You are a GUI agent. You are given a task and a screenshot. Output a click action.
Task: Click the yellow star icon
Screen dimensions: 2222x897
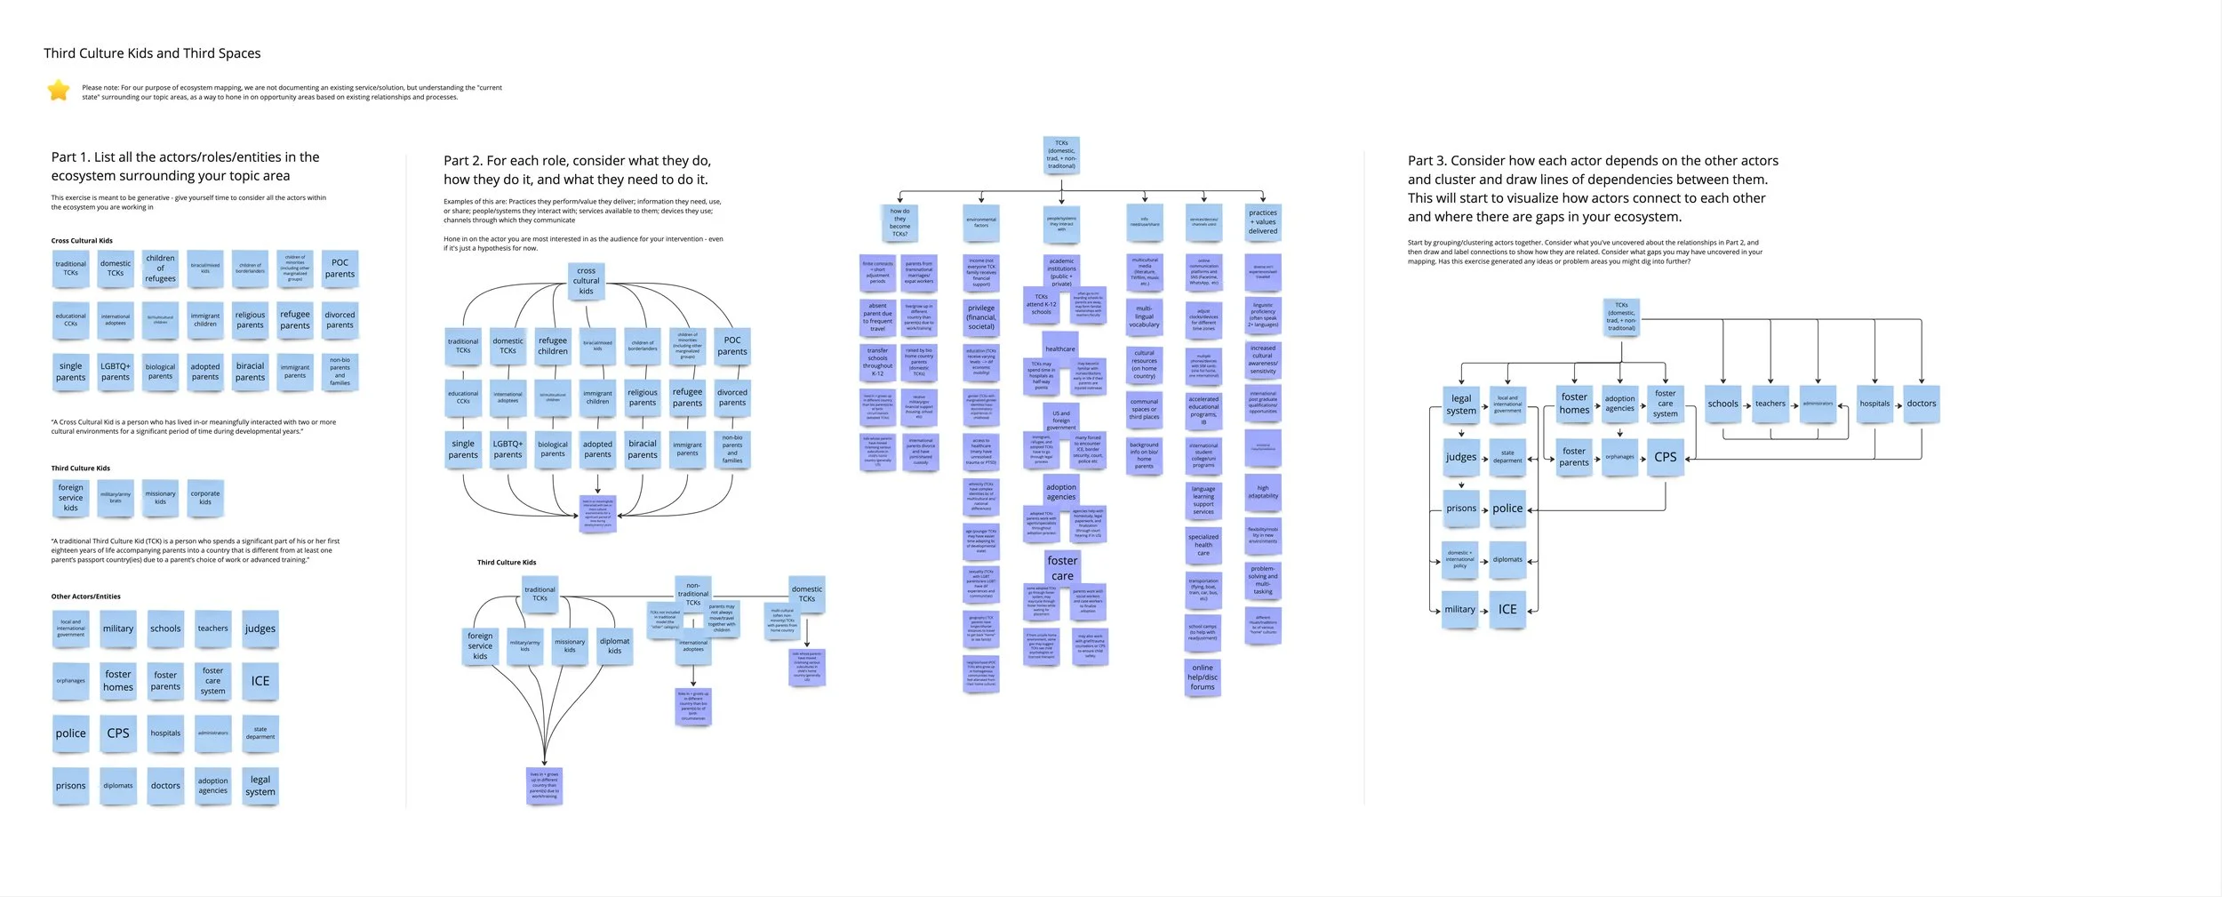tap(59, 90)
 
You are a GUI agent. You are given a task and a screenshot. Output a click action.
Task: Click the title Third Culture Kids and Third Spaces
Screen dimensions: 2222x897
tap(152, 53)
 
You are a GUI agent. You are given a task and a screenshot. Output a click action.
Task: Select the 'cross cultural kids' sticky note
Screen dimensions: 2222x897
tap(586, 281)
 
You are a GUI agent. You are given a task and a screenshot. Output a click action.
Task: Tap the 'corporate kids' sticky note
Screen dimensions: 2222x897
tap(205, 498)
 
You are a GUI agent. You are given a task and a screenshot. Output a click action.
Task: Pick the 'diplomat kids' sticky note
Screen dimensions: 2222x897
tap(614, 646)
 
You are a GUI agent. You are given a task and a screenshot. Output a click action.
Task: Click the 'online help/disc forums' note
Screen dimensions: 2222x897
tap(1203, 677)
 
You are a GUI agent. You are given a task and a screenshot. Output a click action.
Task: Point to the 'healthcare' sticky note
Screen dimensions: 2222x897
tap(1060, 349)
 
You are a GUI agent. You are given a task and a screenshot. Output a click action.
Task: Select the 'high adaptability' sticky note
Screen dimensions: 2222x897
tap(1263, 493)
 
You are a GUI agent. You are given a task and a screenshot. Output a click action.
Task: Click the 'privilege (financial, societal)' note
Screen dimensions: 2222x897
tap(981, 317)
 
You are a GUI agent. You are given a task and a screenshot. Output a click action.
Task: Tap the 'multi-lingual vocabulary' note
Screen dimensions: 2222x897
tap(1144, 317)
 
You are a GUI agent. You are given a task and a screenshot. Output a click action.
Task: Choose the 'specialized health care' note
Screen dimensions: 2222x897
tap(1203, 545)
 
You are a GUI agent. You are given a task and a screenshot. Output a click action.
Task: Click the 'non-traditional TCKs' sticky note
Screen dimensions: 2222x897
tap(693, 594)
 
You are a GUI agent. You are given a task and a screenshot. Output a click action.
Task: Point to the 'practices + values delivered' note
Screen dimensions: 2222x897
tap(1263, 222)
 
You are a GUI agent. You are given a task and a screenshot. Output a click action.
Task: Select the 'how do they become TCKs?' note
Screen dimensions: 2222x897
tap(899, 223)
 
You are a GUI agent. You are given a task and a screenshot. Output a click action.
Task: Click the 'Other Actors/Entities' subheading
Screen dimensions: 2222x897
tap(85, 597)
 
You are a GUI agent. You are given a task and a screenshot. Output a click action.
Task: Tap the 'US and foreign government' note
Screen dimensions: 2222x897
tap(1061, 420)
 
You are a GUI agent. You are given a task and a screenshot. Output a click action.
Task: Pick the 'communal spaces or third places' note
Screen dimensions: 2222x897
tap(1144, 409)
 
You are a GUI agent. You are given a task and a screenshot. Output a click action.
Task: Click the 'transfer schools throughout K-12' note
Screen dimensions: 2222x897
tap(877, 362)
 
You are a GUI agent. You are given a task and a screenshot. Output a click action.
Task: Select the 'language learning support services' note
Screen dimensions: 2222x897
tap(1203, 501)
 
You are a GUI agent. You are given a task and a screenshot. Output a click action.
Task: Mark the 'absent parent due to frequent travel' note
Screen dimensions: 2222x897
tap(877, 317)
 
